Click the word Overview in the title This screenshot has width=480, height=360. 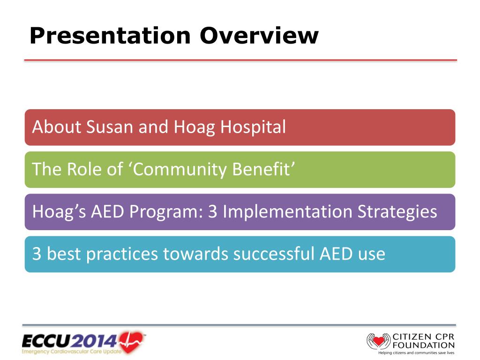click(x=259, y=36)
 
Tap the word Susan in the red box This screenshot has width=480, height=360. click(x=110, y=127)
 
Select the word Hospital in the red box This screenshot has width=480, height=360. click(x=253, y=127)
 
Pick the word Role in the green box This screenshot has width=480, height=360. click(x=84, y=169)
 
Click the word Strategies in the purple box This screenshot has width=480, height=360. click(x=397, y=211)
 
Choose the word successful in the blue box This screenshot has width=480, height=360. click(x=274, y=254)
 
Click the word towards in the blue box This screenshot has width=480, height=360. click(x=195, y=254)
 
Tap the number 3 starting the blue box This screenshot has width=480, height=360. click(x=37, y=254)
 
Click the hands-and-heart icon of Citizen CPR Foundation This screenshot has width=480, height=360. click(x=379, y=341)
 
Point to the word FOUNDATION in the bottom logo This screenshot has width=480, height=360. click(x=424, y=345)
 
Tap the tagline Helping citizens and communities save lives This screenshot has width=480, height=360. click(x=416, y=352)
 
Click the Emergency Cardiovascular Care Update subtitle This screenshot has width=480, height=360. click(x=71, y=351)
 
